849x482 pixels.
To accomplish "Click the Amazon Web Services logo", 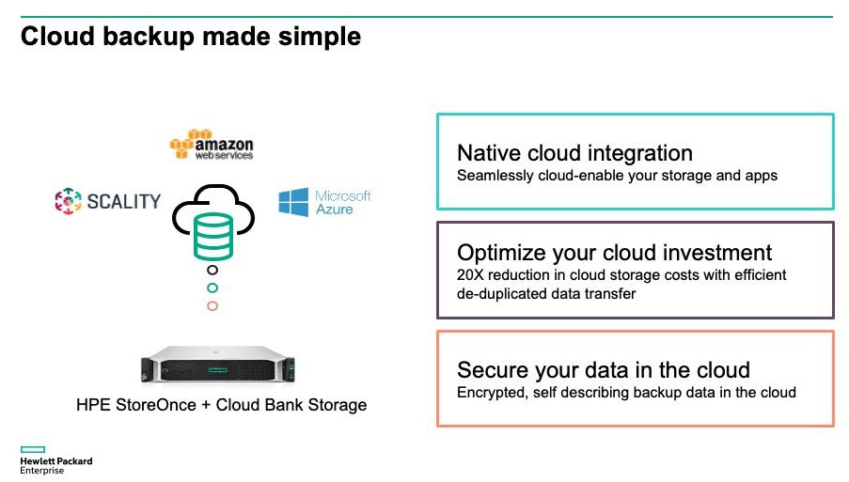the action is coord(212,145).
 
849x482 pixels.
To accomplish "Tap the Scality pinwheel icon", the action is coord(69,201).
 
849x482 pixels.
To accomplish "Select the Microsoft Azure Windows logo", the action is coord(293,202).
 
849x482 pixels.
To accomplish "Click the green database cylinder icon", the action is coord(213,236).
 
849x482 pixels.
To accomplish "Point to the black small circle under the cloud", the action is coord(212,270).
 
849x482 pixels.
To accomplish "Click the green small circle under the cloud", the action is coord(212,288).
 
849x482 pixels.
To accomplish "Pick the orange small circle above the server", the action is coord(212,306).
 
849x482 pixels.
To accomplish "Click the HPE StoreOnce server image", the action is coord(218,365).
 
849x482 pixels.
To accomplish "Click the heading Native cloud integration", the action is coord(574,153).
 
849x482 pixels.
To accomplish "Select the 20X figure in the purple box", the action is coord(469,274).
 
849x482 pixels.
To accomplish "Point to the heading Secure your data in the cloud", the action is coord(604,370).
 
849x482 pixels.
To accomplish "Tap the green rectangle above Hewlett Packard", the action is coord(33,449).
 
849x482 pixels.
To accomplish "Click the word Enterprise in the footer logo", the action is coord(41,471).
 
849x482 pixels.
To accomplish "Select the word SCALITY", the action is coord(124,202).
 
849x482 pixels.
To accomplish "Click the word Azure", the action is coord(335,210).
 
